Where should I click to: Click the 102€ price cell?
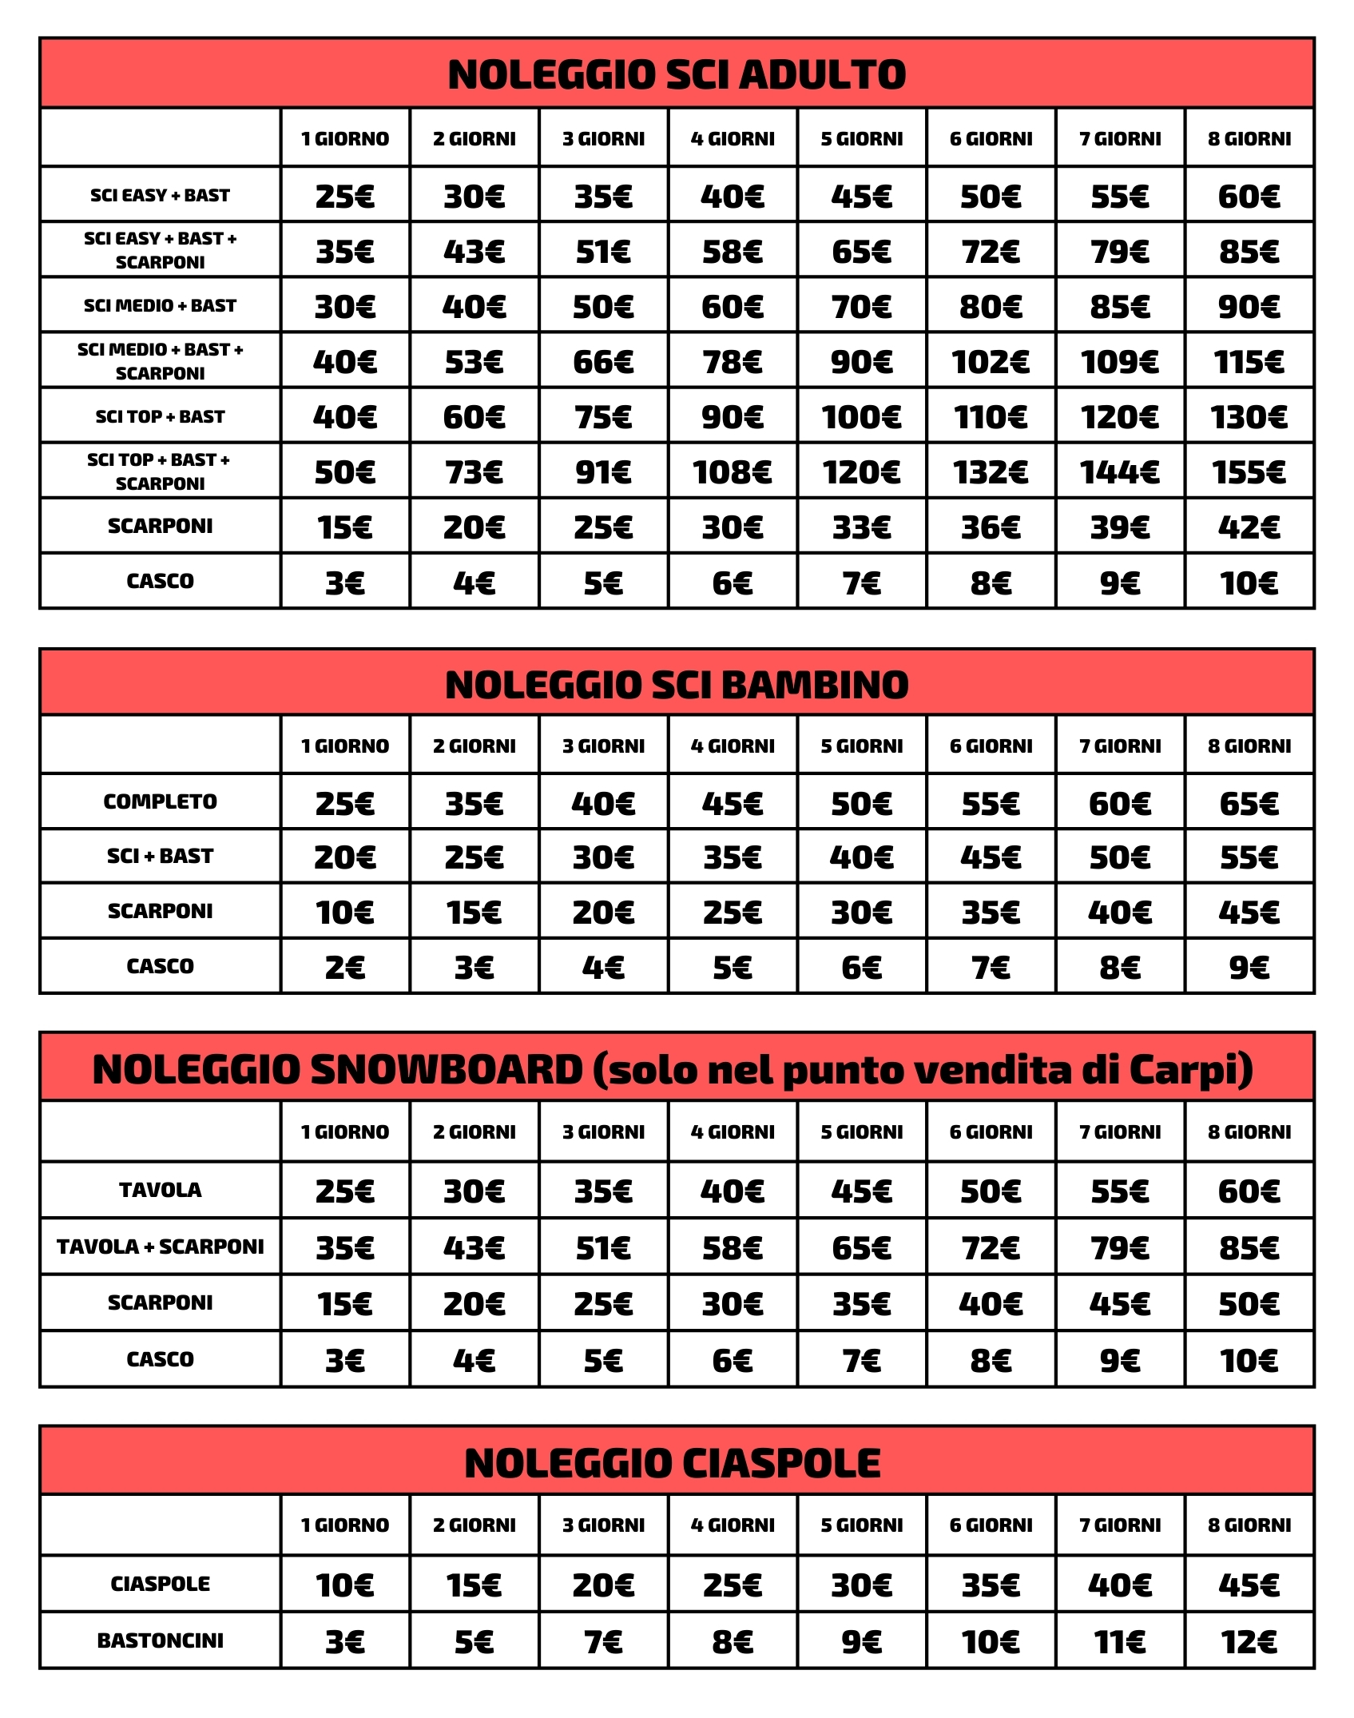point(991,362)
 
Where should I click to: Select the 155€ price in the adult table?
point(1249,472)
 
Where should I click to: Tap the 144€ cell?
point(1119,472)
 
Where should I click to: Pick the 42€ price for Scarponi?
point(1249,527)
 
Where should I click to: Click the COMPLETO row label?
point(160,801)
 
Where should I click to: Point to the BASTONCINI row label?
point(160,1640)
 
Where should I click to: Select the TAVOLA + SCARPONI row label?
point(160,1247)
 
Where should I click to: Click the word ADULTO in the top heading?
point(823,74)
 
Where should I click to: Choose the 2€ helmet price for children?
point(344,968)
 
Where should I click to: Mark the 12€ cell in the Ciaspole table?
point(1249,1642)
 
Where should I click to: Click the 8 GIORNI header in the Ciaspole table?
point(1249,1525)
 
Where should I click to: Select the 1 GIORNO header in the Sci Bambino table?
point(344,746)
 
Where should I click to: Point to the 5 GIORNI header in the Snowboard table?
point(862,1132)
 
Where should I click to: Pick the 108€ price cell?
point(732,472)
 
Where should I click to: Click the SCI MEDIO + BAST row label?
point(160,305)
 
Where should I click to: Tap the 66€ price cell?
point(603,362)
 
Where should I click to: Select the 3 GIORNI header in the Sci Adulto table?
point(603,139)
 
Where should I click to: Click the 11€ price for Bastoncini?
point(1119,1642)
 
